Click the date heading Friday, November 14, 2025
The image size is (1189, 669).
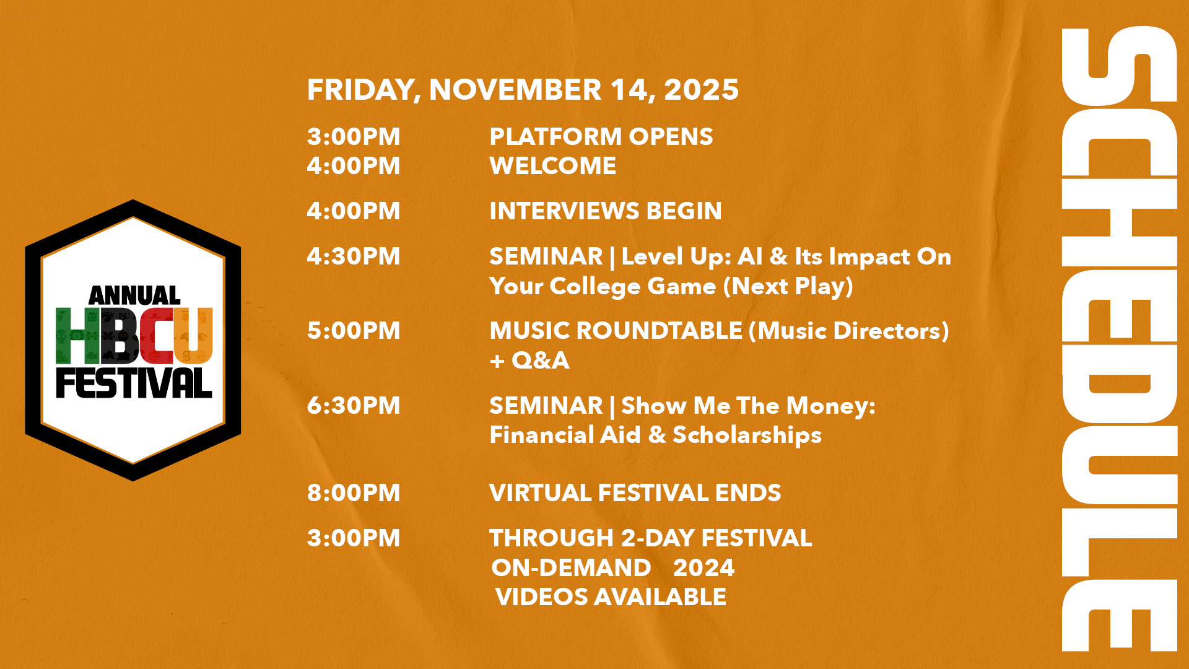click(523, 90)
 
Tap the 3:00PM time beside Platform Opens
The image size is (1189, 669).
click(354, 137)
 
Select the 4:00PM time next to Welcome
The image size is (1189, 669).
click(354, 166)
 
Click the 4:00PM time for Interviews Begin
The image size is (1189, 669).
click(354, 211)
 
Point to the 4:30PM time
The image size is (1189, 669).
click(354, 256)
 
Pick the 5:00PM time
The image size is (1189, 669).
click(354, 331)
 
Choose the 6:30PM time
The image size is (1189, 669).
click(354, 406)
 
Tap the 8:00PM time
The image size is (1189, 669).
click(354, 493)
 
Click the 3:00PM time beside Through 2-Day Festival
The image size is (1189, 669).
click(354, 538)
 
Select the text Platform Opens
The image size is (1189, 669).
click(601, 137)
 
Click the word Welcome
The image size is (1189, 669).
click(553, 166)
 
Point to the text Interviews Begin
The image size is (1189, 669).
click(606, 211)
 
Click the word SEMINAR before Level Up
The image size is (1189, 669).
click(546, 256)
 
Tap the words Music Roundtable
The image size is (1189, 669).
click(616, 331)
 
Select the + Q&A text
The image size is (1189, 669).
click(529, 361)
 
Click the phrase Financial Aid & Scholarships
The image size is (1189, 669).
click(656, 435)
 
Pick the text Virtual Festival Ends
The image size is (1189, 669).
click(635, 493)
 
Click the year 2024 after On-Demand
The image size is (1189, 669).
click(704, 568)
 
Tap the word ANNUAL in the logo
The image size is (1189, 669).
click(134, 295)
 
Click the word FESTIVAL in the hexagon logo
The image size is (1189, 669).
click(134, 383)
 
